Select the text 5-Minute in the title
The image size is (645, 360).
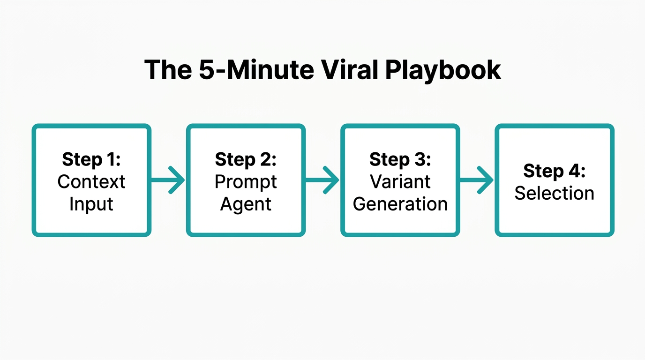click(x=255, y=70)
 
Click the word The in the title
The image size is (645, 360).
click(x=167, y=70)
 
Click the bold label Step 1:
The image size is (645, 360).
click(x=91, y=159)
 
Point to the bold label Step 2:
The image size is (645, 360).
click(x=246, y=159)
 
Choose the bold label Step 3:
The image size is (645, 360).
click(x=400, y=159)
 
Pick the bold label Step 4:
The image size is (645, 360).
click(x=554, y=171)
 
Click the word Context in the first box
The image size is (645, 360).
click(x=91, y=182)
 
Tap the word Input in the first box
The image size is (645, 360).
click(x=91, y=204)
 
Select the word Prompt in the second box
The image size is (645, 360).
click(x=246, y=182)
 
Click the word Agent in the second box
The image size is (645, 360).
click(x=246, y=204)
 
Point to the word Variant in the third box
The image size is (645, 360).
click(x=400, y=182)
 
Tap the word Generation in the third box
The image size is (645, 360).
click(x=400, y=204)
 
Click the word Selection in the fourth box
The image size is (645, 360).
click(x=554, y=193)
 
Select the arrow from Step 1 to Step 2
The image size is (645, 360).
click(x=168, y=180)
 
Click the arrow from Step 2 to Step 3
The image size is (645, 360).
click(x=322, y=180)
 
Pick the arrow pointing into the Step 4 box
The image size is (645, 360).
click(x=477, y=180)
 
